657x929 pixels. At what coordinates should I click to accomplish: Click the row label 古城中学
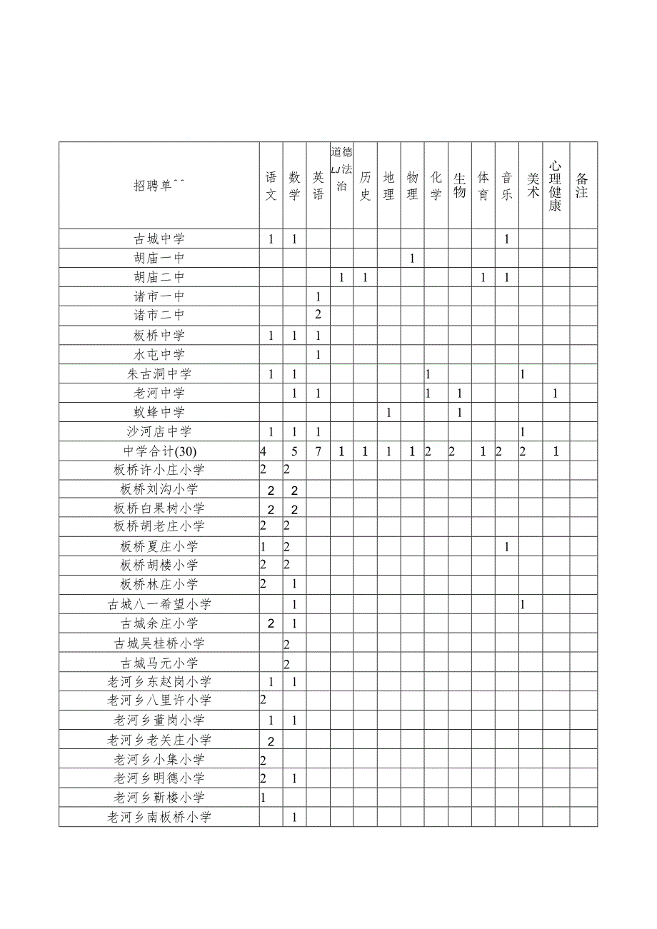[x=159, y=239]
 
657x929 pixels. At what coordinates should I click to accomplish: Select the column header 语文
[x=271, y=186]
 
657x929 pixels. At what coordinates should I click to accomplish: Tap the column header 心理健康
[x=556, y=186]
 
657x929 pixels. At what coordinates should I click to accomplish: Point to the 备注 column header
[x=583, y=186]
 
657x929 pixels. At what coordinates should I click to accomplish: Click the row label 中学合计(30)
[x=159, y=451]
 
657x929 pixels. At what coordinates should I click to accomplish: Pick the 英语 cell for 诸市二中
[x=319, y=315]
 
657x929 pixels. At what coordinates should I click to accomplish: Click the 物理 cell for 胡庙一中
[x=412, y=258]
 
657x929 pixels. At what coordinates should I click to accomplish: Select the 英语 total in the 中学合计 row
[x=319, y=451]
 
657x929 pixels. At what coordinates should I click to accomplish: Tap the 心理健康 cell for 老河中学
[x=556, y=393]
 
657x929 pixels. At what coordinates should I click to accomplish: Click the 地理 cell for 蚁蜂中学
[x=388, y=412]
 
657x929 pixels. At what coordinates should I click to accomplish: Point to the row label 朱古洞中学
[x=159, y=373]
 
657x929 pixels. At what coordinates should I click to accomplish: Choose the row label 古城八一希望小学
[x=159, y=604]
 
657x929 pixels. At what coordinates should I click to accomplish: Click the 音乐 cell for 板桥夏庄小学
[x=506, y=547]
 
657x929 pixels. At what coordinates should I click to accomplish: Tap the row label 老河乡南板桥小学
[x=159, y=817]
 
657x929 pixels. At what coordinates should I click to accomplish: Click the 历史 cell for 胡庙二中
[x=365, y=277]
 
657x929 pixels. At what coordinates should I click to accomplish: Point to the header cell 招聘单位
[x=159, y=186]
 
